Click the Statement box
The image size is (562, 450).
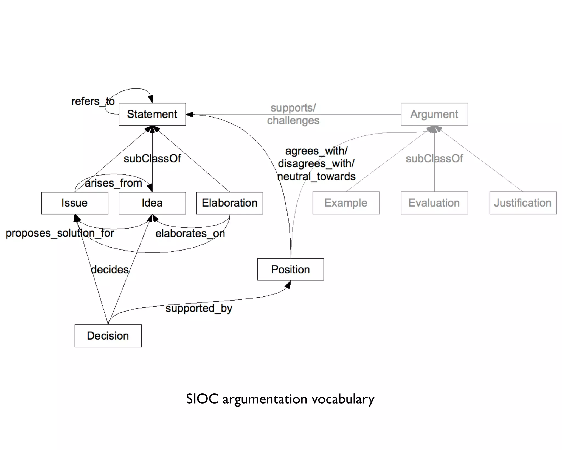tap(152, 114)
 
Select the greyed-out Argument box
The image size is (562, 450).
tap(434, 114)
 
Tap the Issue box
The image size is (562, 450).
tap(75, 203)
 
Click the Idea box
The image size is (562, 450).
tap(152, 203)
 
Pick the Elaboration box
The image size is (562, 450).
tap(229, 203)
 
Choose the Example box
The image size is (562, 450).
tap(346, 203)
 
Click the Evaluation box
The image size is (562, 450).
tap(434, 203)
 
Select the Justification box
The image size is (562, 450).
tap(523, 203)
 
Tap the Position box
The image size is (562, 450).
tap(290, 270)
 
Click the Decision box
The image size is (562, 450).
tap(108, 336)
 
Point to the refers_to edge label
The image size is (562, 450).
tap(93, 101)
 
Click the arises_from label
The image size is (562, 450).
tap(113, 183)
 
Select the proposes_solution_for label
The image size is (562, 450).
tap(60, 233)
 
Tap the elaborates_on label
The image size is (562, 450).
tap(190, 234)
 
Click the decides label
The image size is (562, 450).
tap(109, 270)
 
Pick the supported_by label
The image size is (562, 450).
tap(199, 308)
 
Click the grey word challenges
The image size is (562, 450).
tap(293, 121)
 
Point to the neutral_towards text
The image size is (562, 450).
tap(316, 176)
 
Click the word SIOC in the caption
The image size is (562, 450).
tap(202, 399)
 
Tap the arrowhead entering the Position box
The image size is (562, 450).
tap(288, 285)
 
